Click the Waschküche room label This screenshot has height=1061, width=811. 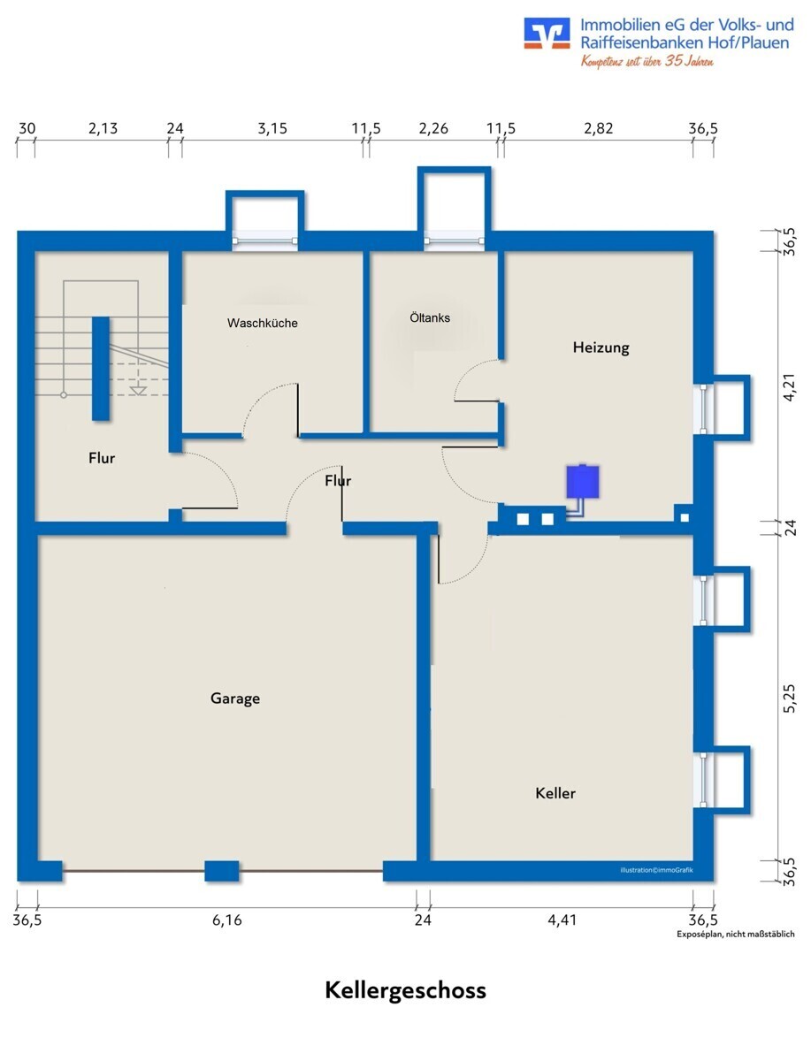pyautogui.click(x=263, y=323)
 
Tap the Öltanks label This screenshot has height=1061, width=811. pyautogui.click(x=430, y=317)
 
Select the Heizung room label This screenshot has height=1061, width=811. pyautogui.click(x=601, y=347)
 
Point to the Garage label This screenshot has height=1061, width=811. pyautogui.click(x=235, y=698)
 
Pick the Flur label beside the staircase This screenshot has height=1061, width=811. pyautogui.click(x=102, y=458)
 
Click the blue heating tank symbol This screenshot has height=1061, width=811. pyautogui.click(x=583, y=482)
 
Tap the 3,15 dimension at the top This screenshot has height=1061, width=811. pyautogui.click(x=272, y=128)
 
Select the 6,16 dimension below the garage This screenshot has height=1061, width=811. pyautogui.click(x=227, y=920)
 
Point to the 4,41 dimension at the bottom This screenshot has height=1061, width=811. pyautogui.click(x=562, y=920)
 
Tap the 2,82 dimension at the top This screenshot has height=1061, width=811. pyautogui.click(x=599, y=128)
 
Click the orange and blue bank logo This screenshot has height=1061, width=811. pyautogui.click(x=547, y=34)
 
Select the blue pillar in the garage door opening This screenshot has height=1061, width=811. pyautogui.click(x=222, y=871)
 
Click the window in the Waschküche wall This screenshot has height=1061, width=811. pyautogui.click(x=264, y=240)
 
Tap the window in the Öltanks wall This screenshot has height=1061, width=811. pyautogui.click(x=454, y=240)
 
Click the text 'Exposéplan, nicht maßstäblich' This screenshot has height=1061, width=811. pyautogui.click(x=735, y=935)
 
